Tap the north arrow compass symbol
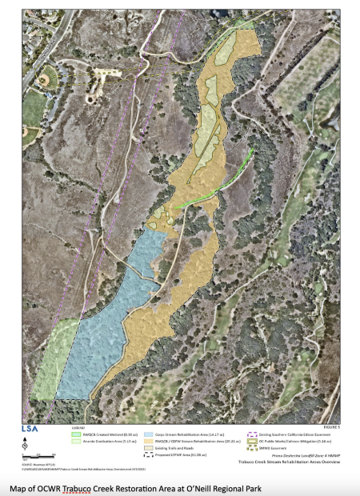coord(25,445)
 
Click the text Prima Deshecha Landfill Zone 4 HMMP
coord(294,455)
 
